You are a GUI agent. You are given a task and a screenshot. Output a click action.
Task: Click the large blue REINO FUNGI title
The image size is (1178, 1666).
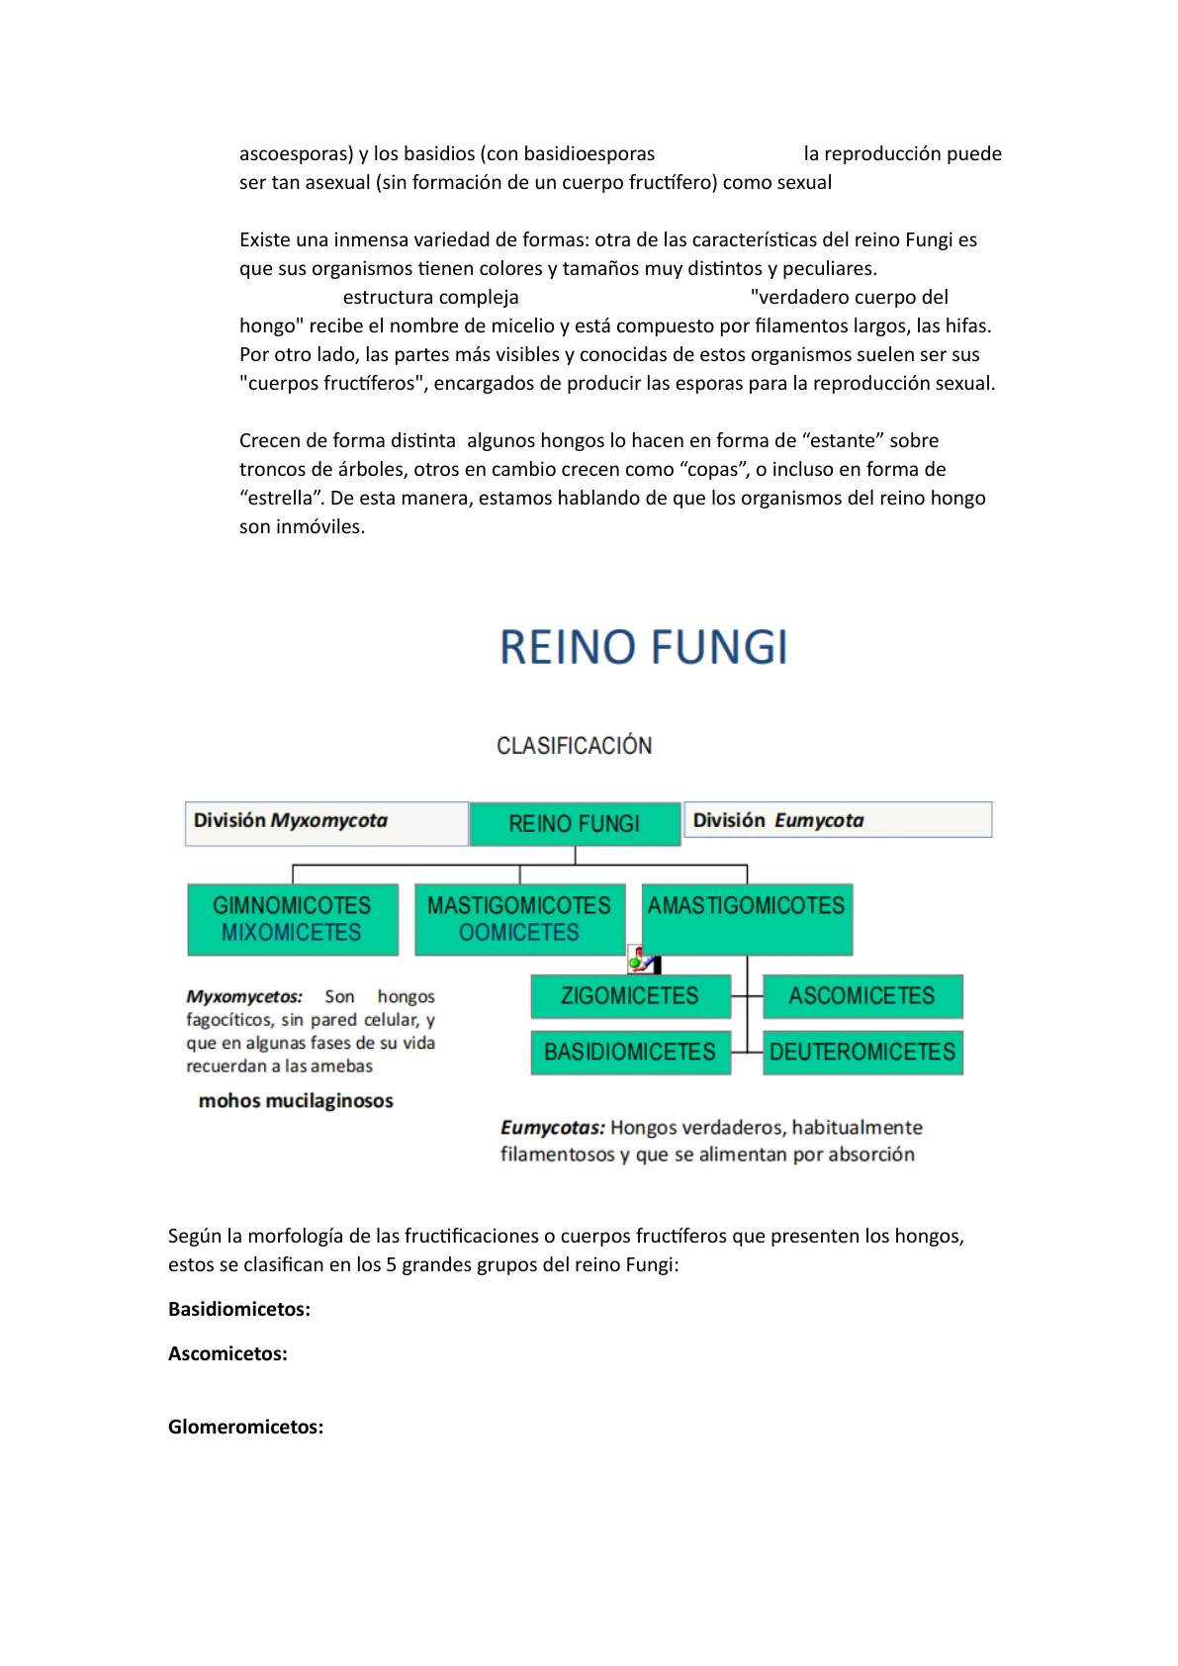click(x=643, y=648)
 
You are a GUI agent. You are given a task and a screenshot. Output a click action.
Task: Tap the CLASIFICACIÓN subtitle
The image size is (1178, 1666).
click(x=574, y=746)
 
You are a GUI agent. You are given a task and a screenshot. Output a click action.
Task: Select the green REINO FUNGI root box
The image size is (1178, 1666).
click(x=575, y=824)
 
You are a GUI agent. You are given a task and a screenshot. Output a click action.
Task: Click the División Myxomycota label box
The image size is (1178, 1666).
click(x=325, y=823)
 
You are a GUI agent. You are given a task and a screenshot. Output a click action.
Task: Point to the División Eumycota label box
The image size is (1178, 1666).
click(x=837, y=820)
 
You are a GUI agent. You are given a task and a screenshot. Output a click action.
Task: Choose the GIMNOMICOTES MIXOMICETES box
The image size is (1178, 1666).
click(x=293, y=919)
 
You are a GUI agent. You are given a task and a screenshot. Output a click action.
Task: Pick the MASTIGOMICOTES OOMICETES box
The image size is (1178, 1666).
click(x=519, y=919)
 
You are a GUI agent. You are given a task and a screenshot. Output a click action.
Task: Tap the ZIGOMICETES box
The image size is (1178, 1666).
click(x=630, y=996)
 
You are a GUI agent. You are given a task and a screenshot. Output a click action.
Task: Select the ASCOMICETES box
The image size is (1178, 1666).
click(x=861, y=996)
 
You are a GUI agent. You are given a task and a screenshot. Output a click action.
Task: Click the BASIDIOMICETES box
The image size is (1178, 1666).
click(x=630, y=1052)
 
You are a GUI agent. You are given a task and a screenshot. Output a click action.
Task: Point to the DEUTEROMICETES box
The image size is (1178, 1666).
click(x=861, y=1052)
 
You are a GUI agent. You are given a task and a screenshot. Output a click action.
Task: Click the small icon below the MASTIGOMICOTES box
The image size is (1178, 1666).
click(x=644, y=961)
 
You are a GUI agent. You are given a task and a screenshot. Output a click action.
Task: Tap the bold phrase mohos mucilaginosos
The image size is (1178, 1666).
click(x=296, y=1101)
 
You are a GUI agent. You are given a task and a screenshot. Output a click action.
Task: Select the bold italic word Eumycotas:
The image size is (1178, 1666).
click(x=552, y=1128)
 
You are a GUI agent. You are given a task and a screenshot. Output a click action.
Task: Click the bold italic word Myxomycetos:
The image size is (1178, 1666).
click(x=244, y=997)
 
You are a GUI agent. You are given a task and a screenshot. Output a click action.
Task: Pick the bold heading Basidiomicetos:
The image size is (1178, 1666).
click(x=239, y=1310)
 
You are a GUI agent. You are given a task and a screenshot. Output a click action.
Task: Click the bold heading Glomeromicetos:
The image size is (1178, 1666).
click(x=245, y=1428)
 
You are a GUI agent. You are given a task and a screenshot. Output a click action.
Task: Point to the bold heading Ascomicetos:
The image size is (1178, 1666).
click(x=227, y=1354)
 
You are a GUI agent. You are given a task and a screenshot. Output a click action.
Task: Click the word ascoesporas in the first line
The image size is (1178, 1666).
click(x=293, y=154)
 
